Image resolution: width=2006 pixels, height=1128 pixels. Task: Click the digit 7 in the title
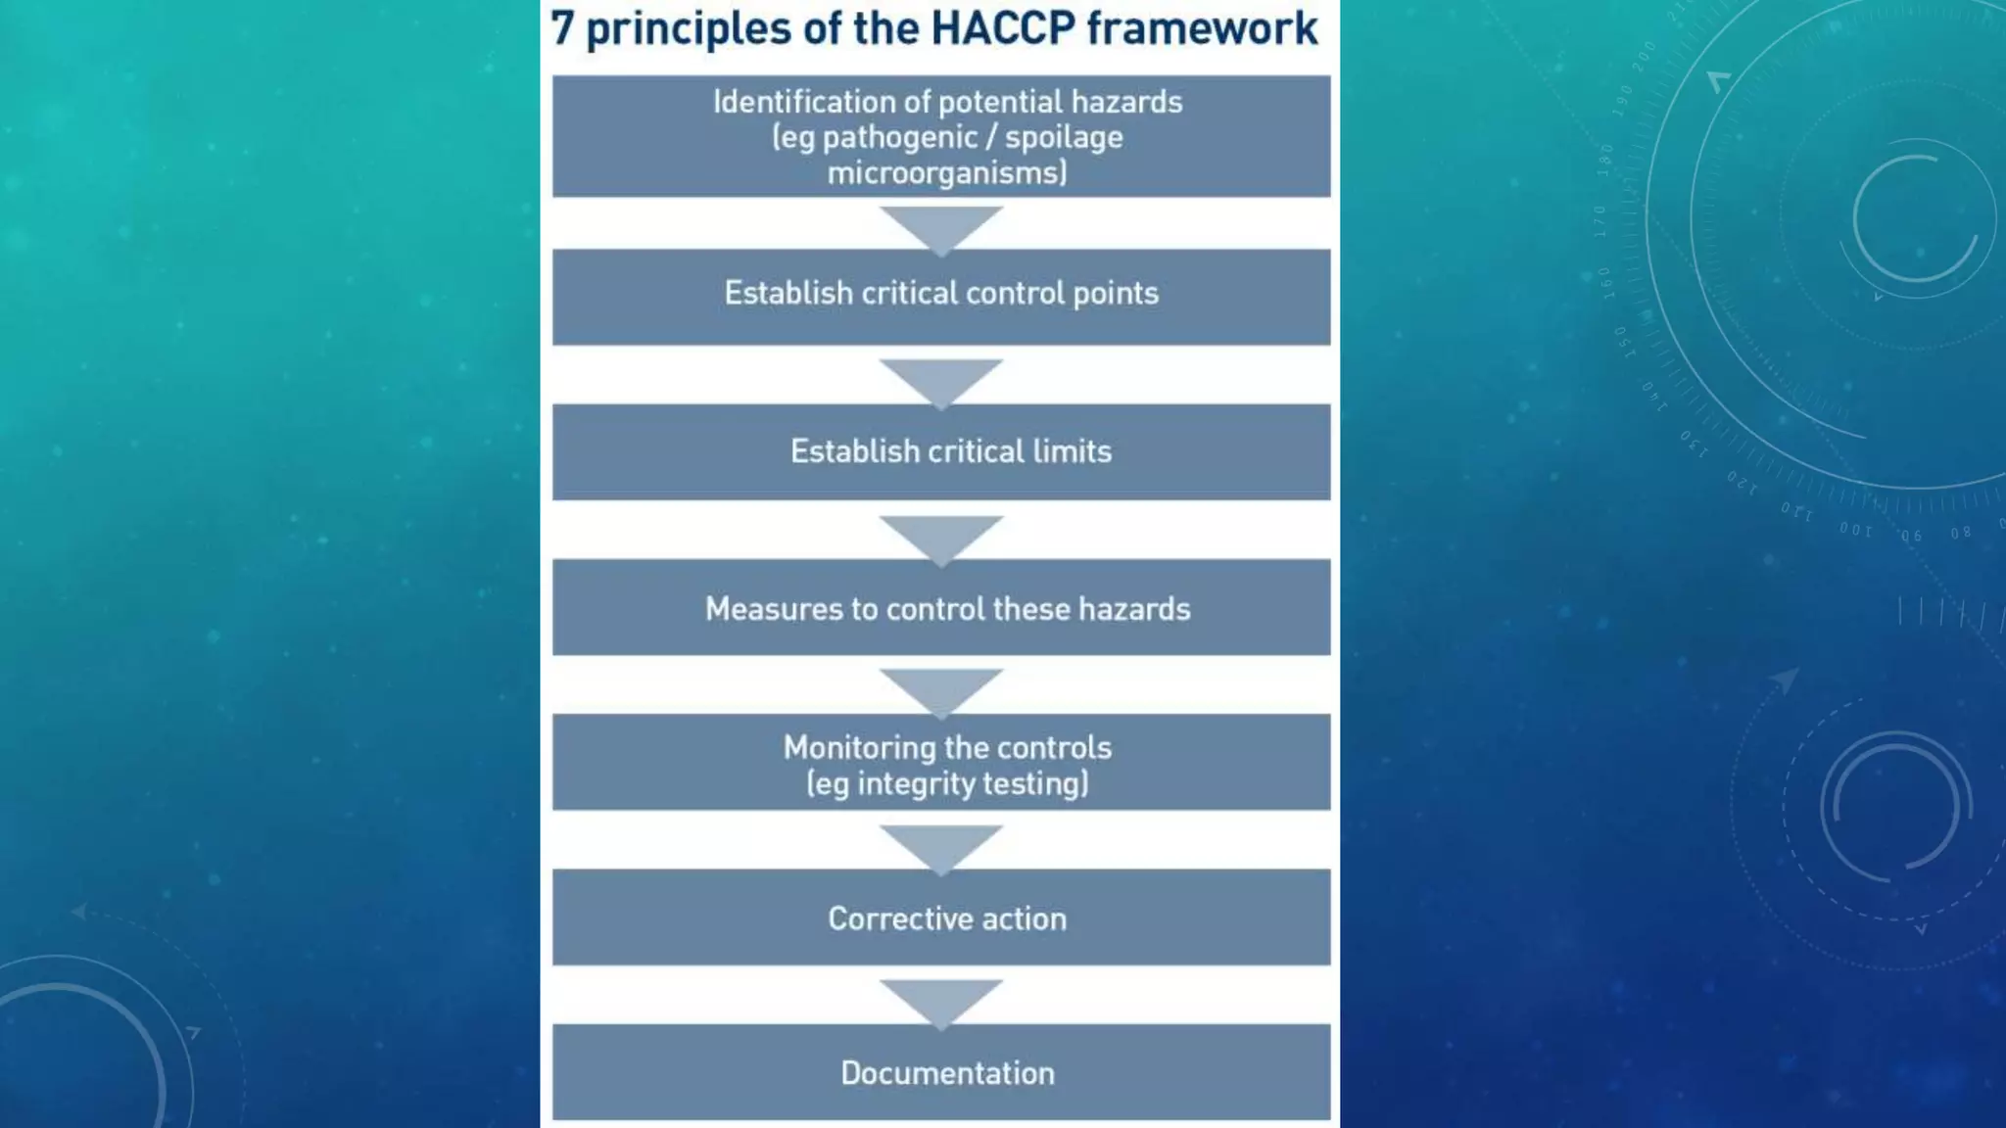coord(561,28)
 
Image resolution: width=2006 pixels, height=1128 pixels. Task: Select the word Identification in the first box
coord(803,102)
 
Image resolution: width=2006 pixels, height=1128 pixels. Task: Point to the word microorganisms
coord(946,173)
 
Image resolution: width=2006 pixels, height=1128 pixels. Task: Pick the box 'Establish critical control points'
coord(940,295)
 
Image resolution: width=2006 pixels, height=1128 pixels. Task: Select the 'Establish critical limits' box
coord(940,451)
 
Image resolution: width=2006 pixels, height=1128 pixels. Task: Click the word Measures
coord(774,609)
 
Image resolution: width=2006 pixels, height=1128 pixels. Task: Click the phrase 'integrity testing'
coord(971,783)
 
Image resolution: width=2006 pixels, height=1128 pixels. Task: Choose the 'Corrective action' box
coord(940,917)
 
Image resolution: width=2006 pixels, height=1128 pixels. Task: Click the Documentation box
coord(940,1072)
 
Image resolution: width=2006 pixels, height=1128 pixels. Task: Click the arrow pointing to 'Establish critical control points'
coord(940,227)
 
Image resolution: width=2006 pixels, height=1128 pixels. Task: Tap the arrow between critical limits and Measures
coord(940,537)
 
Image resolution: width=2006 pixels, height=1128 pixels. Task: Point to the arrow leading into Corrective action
coord(940,845)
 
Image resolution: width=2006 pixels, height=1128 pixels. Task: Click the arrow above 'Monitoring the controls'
coord(940,690)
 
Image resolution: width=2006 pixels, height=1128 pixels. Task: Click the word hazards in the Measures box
coord(1134,609)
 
